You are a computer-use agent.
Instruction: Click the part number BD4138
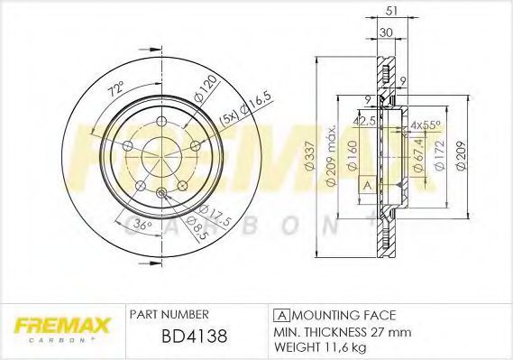(195, 337)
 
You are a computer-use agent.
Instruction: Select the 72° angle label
(116, 88)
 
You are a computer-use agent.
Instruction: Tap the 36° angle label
(143, 225)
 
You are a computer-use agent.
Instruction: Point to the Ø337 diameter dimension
(309, 155)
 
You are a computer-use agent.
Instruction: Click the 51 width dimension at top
(391, 11)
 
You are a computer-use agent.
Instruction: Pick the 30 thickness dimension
(386, 32)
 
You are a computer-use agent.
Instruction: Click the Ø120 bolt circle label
(206, 88)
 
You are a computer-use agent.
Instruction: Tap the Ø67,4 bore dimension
(419, 155)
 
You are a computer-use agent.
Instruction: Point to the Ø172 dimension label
(440, 154)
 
